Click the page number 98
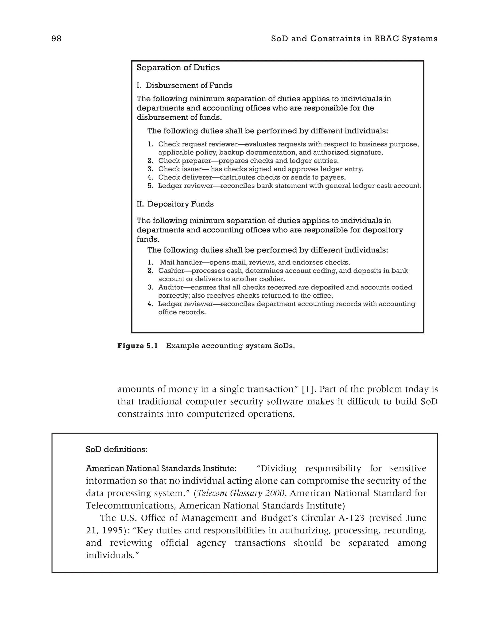pos(56,39)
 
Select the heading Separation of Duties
pos(178,68)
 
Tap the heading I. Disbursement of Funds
pos(184,86)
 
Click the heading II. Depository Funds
pos(175,204)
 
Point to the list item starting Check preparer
pos(248,161)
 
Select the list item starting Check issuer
pos(260,169)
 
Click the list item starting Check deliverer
pos(252,177)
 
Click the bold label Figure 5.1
pos(138,346)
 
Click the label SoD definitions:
pos(117,450)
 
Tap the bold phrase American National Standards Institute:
pos(161,469)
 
